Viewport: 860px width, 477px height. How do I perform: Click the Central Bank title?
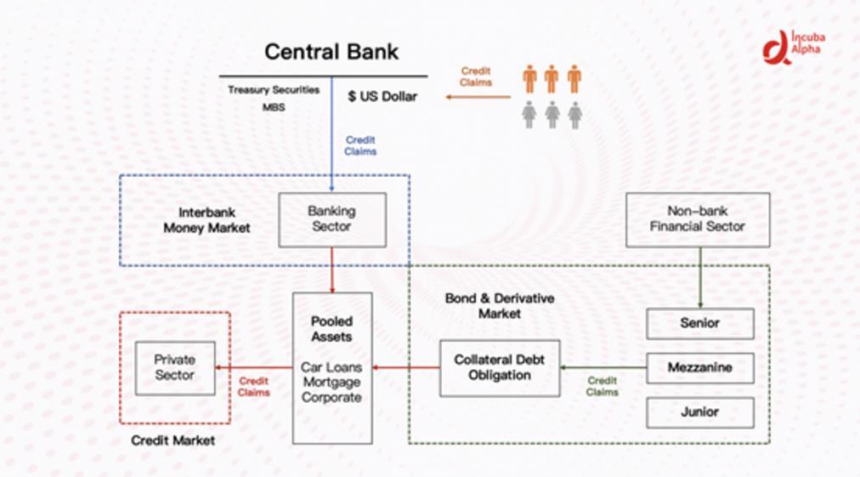pos(331,51)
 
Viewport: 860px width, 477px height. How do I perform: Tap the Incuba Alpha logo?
pos(794,47)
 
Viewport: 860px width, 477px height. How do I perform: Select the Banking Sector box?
pos(332,219)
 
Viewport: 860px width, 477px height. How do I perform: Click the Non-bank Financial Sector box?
pos(697,219)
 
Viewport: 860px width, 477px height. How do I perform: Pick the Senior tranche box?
pos(699,323)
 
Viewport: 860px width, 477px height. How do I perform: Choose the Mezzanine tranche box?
pos(699,368)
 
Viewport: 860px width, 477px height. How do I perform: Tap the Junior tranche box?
pos(699,412)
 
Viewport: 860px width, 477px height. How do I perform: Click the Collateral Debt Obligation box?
pos(500,367)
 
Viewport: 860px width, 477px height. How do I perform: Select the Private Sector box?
pos(175,367)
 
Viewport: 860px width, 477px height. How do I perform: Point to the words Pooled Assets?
pos(331,329)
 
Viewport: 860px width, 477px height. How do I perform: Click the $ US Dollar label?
pos(382,97)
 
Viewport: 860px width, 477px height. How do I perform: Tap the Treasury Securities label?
pos(274,89)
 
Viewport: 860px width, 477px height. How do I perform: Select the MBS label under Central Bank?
pos(274,108)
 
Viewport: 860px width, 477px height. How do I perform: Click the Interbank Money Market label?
pos(207,220)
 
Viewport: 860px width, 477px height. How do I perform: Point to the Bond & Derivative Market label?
pos(500,306)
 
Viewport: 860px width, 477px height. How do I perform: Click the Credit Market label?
pos(173,440)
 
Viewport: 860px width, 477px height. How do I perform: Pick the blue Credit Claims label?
pos(360,145)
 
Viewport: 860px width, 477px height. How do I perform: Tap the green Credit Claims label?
pos(603,386)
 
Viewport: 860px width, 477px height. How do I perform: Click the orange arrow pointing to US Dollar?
pos(478,97)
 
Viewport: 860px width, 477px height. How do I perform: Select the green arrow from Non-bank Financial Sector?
pos(699,277)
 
